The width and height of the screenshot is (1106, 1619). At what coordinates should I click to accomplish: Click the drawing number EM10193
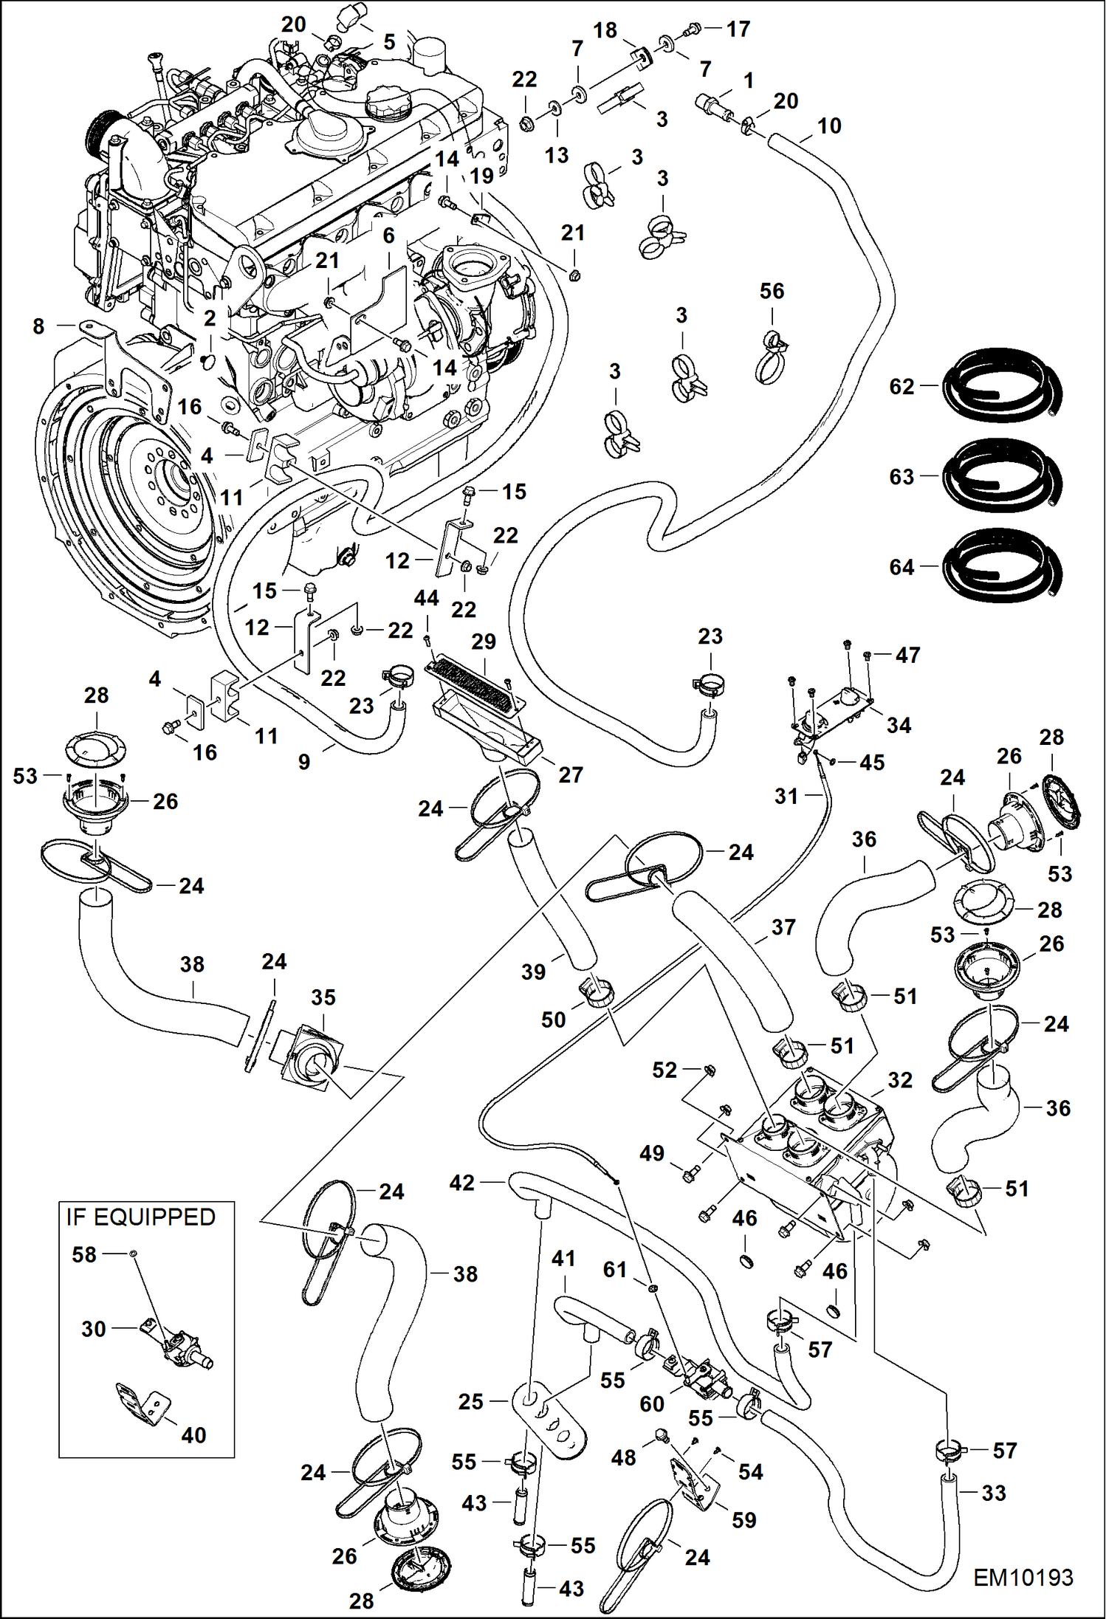(x=1023, y=1578)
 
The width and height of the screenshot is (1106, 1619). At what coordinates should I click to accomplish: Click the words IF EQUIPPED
(x=140, y=1217)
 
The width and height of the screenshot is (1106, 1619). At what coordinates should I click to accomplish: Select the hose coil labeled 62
(x=1003, y=387)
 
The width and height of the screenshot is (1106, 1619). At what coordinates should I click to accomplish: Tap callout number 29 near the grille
(x=484, y=641)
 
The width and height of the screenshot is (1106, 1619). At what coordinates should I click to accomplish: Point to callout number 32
(x=899, y=1080)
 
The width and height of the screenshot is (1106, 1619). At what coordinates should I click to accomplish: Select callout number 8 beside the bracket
(x=38, y=326)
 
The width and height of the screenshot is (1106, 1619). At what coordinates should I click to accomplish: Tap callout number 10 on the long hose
(x=829, y=126)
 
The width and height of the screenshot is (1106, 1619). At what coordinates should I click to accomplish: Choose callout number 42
(x=462, y=1183)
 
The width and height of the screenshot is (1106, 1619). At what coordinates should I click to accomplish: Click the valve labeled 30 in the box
(x=177, y=1345)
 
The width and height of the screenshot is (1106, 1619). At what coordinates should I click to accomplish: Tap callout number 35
(x=323, y=997)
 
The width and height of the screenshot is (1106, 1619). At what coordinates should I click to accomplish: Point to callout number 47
(x=907, y=655)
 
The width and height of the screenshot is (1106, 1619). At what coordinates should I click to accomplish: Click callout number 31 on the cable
(x=786, y=796)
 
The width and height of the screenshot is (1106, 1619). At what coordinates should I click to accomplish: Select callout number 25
(x=470, y=1401)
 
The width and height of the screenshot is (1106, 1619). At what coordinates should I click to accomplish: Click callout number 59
(x=743, y=1520)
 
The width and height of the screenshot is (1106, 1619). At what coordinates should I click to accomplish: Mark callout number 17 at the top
(x=738, y=29)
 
